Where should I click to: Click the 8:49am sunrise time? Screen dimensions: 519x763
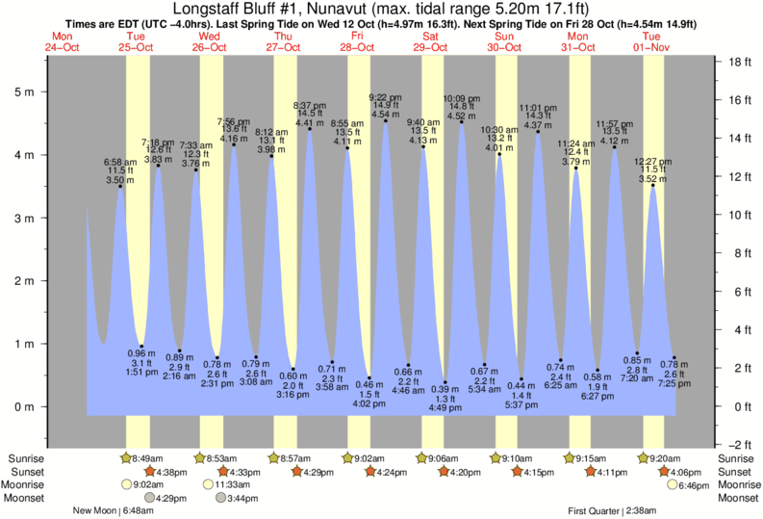point(148,458)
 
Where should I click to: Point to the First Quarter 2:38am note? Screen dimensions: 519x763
point(612,511)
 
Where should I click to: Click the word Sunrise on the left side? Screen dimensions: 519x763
point(23,458)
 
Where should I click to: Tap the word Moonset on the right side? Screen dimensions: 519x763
point(738,499)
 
